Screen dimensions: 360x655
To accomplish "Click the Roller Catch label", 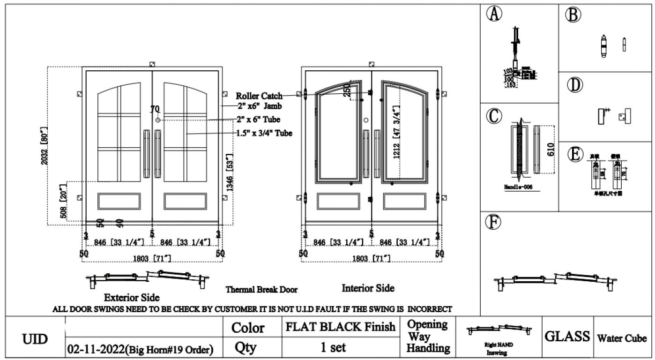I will (x=259, y=96).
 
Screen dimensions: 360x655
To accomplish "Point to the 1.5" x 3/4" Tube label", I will (x=264, y=134).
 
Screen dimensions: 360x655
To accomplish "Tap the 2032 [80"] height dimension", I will (x=45, y=145).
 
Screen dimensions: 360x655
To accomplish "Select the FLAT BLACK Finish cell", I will (x=340, y=327).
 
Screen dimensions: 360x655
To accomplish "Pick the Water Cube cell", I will (x=621, y=338).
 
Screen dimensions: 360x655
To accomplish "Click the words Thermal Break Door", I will (x=261, y=290).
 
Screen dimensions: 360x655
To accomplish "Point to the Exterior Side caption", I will (x=131, y=298).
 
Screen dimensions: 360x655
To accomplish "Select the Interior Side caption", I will (x=368, y=288).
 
